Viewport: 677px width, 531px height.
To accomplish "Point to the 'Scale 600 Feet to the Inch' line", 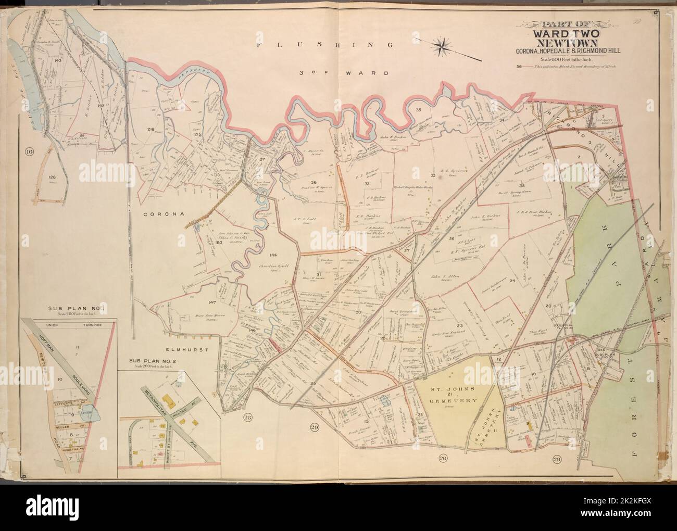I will tap(558, 59).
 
